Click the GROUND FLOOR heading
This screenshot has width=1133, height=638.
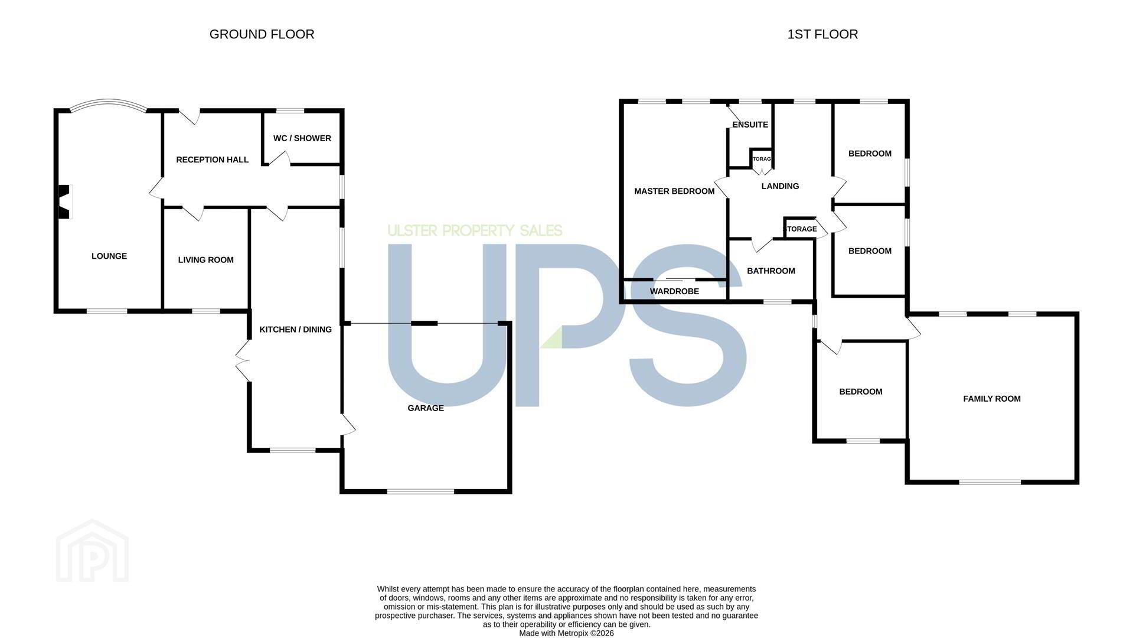(x=262, y=34)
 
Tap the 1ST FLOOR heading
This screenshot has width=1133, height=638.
(x=822, y=34)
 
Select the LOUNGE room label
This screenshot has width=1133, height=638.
(x=109, y=256)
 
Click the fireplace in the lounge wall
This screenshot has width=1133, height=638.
(x=64, y=201)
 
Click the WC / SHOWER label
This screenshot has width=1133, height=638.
(x=302, y=138)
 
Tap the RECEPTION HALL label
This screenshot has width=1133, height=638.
(x=213, y=159)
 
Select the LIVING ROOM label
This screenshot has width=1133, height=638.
(x=206, y=260)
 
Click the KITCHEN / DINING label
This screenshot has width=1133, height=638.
(x=296, y=330)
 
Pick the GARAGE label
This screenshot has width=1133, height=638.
(x=426, y=408)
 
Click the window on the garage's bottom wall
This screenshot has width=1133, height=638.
(x=421, y=491)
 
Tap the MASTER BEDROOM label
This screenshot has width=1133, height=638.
(x=674, y=191)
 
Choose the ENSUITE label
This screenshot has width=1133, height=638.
(x=750, y=125)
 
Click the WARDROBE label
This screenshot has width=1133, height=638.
(x=674, y=291)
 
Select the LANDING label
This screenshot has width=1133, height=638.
(x=781, y=186)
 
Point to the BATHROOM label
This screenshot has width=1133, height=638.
(x=771, y=271)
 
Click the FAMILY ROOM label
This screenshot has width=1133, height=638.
(x=992, y=399)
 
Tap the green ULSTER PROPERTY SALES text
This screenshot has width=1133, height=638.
(x=475, y=230)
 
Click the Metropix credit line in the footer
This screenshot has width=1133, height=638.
(x=566, y=633)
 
